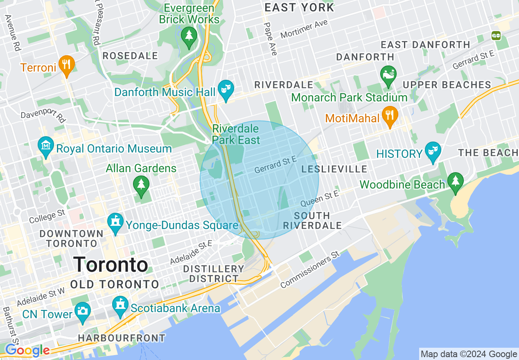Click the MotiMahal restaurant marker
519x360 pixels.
[x=390, y=116]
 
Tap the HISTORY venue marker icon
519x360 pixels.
[x=433, y=152]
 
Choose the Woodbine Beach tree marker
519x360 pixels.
[x=455, y=182]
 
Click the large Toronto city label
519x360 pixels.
[x=111, y=265]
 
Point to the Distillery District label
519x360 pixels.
[x=213, y=274]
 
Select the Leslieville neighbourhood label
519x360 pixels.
[x=334, y=169]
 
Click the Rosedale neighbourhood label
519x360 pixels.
[x=130, y=56]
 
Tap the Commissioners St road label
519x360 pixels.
[x=310, y=270]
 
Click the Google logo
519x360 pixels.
[x=27, y=351]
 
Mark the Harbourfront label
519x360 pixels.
[x=122, y=338]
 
